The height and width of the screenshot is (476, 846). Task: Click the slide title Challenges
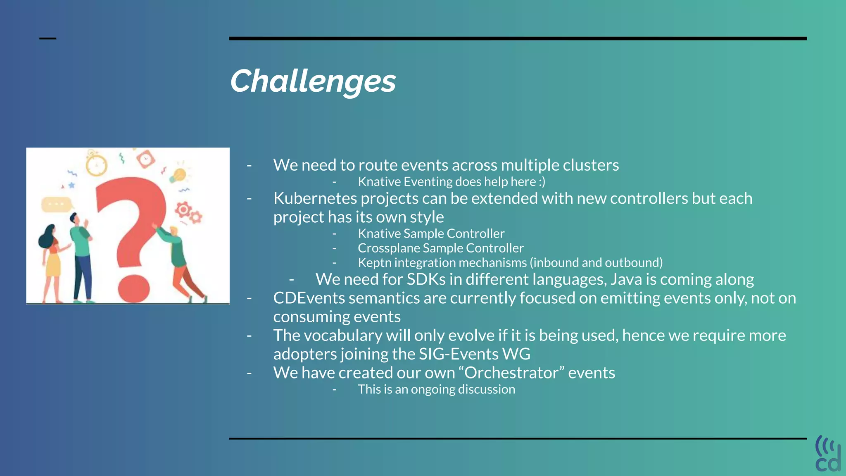click(x=313, y=81)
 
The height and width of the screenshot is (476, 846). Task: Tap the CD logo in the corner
click(x=828, y=454)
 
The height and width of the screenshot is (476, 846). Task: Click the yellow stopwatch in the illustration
click(x=96, y=164)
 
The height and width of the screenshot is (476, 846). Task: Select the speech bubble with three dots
click(x=56, y=205)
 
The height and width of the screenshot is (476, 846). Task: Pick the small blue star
click(x=71, y=185)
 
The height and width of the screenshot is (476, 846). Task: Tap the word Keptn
click(x=374, y=263)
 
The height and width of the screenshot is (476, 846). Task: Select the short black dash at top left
click(x=48, y=38)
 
